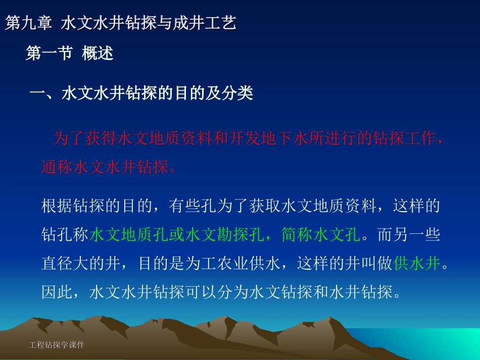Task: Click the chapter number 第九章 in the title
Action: pyautogui.click(x=28, y=23)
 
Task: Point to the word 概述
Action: pyautogui.click(x=98, y=53)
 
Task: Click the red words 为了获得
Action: pyautogui.click(x=84, y=139)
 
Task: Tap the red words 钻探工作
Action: pyautogui.click(x=402, y=139)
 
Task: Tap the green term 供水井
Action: pyautogui.click(x=417, y=264)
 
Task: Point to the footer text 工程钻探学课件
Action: pyautogui.click(x=57, y=345)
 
